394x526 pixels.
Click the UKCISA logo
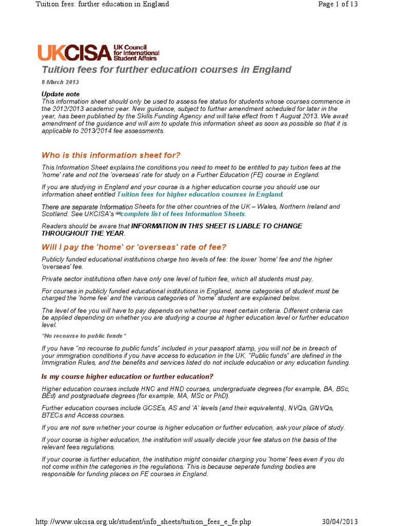tap(98, 52)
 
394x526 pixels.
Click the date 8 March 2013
tap(60, 82)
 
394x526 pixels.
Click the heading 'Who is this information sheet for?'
tap(111, 155)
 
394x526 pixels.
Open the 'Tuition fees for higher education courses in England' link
tap(200, 195)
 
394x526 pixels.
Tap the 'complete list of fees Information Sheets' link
tap(183, 214)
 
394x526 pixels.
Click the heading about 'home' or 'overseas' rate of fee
tap(134, 247)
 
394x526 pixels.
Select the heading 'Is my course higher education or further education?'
tap(127, 377)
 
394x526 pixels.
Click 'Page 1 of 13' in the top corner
tap(338, 5)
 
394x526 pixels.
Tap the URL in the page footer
tap(143, 521)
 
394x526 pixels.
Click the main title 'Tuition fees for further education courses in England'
tap(166, 69)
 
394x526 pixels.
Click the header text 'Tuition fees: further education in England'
tap(102, 5)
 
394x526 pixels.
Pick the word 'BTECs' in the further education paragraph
tap(52, 415)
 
